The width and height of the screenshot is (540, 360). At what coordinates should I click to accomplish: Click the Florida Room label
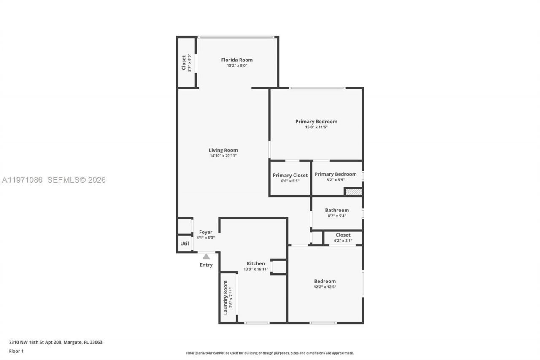(237, 60)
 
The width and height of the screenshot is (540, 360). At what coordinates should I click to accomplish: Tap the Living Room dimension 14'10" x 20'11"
(223, 156)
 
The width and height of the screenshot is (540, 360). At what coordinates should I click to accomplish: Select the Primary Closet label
(290, 175)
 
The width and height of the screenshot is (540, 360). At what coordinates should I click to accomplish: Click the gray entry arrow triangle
(206, 256)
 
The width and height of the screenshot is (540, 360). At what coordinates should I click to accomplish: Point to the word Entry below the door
(206, 265)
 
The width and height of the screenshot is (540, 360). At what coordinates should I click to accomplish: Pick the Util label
(184, 244)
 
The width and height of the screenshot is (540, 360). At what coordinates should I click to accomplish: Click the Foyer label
(205, 232)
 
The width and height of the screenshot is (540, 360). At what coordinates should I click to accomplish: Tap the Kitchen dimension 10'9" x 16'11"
(256, 269)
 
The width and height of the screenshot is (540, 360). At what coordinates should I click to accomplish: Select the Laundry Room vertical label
(225, 297)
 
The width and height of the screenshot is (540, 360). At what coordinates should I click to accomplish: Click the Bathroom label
(337, 210)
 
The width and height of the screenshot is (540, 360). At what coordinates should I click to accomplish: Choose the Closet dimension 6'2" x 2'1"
(343, 241)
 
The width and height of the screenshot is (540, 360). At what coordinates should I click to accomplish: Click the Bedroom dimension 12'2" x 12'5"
(325, 287)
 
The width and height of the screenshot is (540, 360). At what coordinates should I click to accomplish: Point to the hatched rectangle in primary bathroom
(354, 192)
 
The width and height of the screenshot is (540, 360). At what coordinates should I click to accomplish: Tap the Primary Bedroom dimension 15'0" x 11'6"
(316, 127)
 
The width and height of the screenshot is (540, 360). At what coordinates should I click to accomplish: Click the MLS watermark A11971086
(22, 180)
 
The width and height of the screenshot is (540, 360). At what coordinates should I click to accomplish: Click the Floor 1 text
(16, 351)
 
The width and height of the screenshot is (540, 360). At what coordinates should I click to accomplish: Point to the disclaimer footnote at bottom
(270, 353)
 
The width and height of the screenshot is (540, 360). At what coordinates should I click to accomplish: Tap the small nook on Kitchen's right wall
(279, 267)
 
